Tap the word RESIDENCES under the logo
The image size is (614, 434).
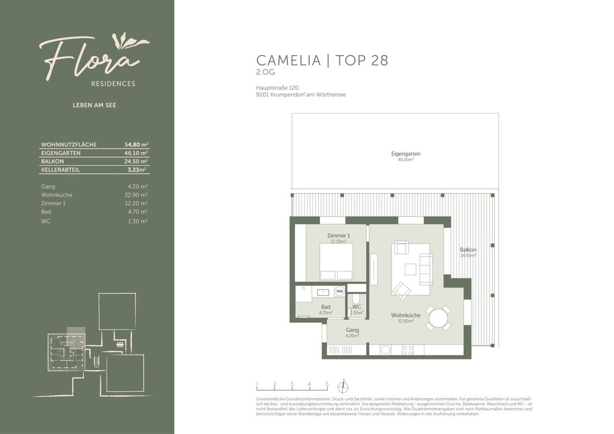pyautogui.click(x=113, y=84)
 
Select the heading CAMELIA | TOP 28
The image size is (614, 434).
pyautogui.click(x=322, y=60)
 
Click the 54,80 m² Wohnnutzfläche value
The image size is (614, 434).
pyautogui.click(x=136, y=145)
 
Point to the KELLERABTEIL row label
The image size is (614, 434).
pyautogui.click(x=61, y=170)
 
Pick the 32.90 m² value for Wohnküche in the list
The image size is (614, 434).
pyautogui.click(x=136, y=195)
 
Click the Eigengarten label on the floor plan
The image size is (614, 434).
pyautogui.click(x=405, y=154)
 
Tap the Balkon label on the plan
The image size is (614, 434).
pyautogui.click(x=468, y=249)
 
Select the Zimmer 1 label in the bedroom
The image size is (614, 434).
pyautogui.click(x=339, y=235)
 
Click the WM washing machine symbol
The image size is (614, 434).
pyautogui.click(x=339, y=291)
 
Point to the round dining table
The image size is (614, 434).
pyautogui.click(x=438, y=318)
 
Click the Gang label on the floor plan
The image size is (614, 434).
pyautogui.click(x=352, y=330)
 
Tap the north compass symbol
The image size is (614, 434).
pyautogui.click(x=343, y=387)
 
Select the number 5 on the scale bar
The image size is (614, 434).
pyautogui.click(x=327, y=384)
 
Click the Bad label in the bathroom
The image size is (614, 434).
pyautogui.click(x=326, y=307)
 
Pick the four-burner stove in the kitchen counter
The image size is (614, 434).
pyautogui.click(x=408, y=350)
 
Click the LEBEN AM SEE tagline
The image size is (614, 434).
pyautogui.click(x=95, y=105)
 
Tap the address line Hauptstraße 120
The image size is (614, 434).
pyautogui.click(x=277, y=88)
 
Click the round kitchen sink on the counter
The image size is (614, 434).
pyautogui.click(x=385, y=350)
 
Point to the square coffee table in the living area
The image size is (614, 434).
pyautogui.click(x=410, y=269)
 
